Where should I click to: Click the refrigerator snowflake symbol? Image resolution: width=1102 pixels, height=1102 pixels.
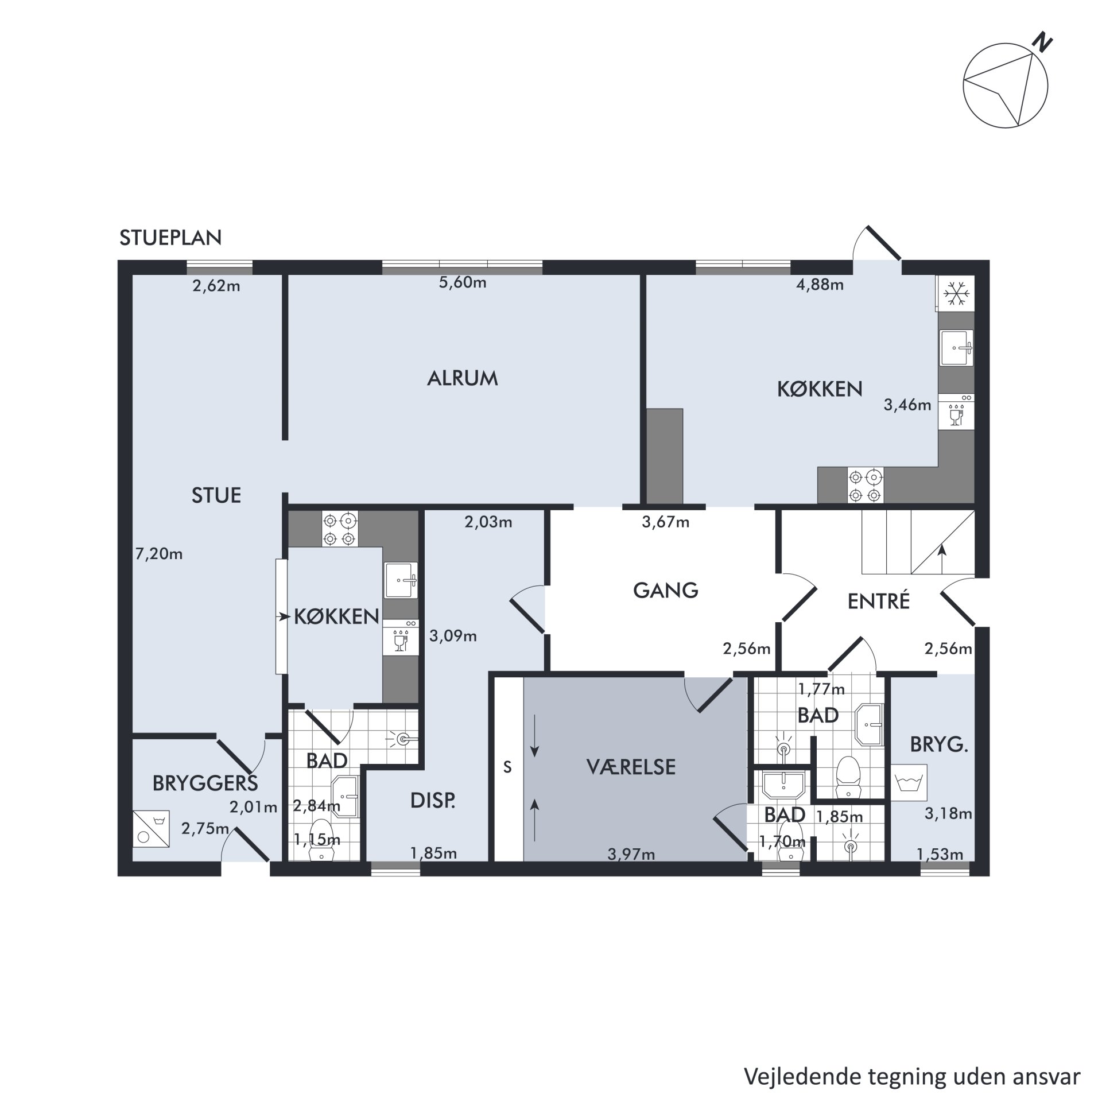956,293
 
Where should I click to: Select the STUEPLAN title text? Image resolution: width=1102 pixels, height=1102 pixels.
170,238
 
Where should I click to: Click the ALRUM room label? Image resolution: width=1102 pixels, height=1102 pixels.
463,378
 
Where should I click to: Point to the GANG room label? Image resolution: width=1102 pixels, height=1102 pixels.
666,590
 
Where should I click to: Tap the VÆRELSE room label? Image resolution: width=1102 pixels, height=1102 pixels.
631,767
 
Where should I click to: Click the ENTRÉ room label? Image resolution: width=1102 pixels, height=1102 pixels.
879,601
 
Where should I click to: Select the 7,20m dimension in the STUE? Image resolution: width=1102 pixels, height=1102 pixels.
159,554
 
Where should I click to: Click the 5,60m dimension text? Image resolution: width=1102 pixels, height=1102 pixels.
463,282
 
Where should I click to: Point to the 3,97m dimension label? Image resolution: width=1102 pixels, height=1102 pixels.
631,855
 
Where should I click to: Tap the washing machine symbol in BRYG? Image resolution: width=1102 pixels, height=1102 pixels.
910,782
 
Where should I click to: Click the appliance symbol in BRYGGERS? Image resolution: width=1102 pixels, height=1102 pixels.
151,828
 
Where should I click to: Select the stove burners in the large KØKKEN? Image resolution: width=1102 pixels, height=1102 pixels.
865,485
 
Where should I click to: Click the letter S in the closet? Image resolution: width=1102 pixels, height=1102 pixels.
507,767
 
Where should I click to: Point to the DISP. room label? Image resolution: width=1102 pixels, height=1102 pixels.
433,801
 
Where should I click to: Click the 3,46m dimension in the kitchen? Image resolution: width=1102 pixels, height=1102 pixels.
907,405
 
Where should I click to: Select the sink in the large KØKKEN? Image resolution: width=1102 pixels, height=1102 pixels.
956,347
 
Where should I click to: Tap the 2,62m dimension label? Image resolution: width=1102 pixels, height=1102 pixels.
216,285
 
